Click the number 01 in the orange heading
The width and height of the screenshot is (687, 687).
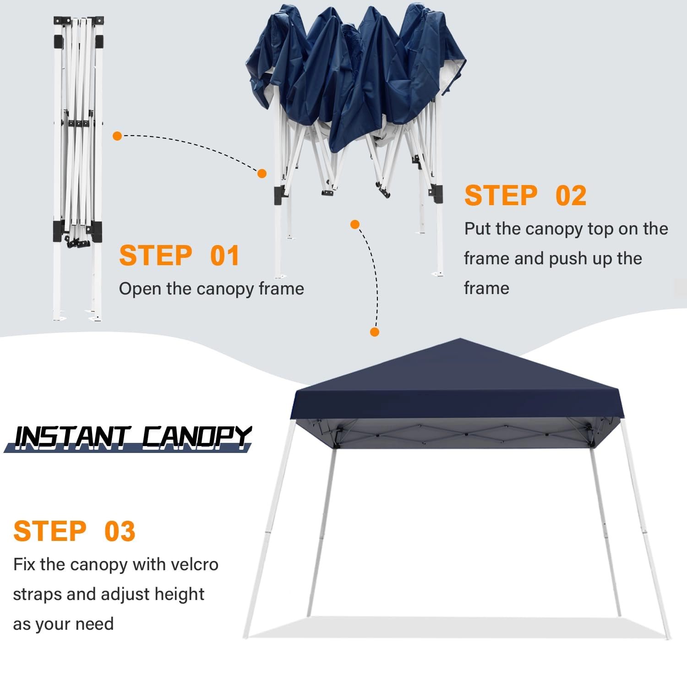(x=225, y=256)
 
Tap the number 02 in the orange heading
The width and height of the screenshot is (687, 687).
(x=571, y=196)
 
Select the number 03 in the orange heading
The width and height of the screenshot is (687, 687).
(x=120, y=531)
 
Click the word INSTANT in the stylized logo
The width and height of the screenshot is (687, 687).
(x=71, y=437)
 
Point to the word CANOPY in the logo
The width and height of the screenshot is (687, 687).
(x=196, y=437)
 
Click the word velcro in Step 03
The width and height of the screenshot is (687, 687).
(x=194, y=564)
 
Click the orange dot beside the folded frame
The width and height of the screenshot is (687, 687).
(x=117, y=136)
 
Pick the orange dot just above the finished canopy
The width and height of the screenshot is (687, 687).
(x=375, y=332)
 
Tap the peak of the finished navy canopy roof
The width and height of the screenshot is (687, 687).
(x=460, y=340)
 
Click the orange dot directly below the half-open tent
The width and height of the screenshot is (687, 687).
(x=355, y=224)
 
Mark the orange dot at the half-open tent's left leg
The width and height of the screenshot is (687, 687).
(x=262, y=174)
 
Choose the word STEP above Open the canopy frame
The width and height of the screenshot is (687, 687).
(x=156, y=256)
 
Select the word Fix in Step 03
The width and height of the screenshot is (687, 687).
(x=24, y=564)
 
